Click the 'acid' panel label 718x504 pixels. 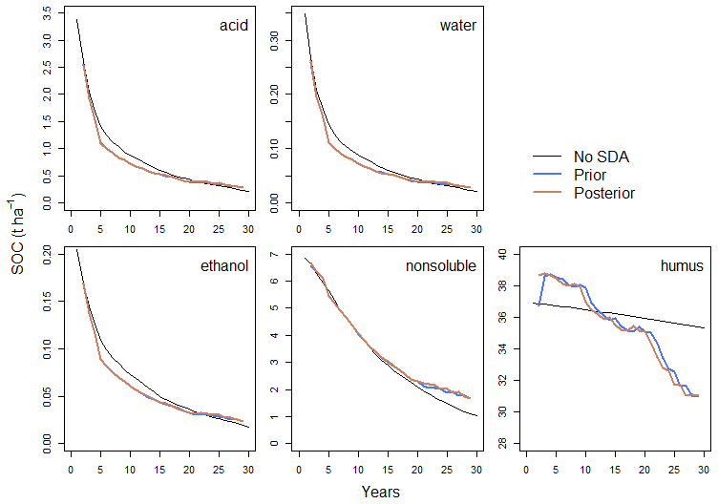234,25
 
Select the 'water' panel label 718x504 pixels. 458,25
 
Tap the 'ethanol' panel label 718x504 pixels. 226,265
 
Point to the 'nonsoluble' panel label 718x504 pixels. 441,265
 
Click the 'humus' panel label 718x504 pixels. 682,265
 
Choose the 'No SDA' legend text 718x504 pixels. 602,157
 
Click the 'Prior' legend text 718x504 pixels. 590,175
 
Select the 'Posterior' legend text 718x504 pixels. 604,193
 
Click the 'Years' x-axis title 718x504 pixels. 381,493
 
